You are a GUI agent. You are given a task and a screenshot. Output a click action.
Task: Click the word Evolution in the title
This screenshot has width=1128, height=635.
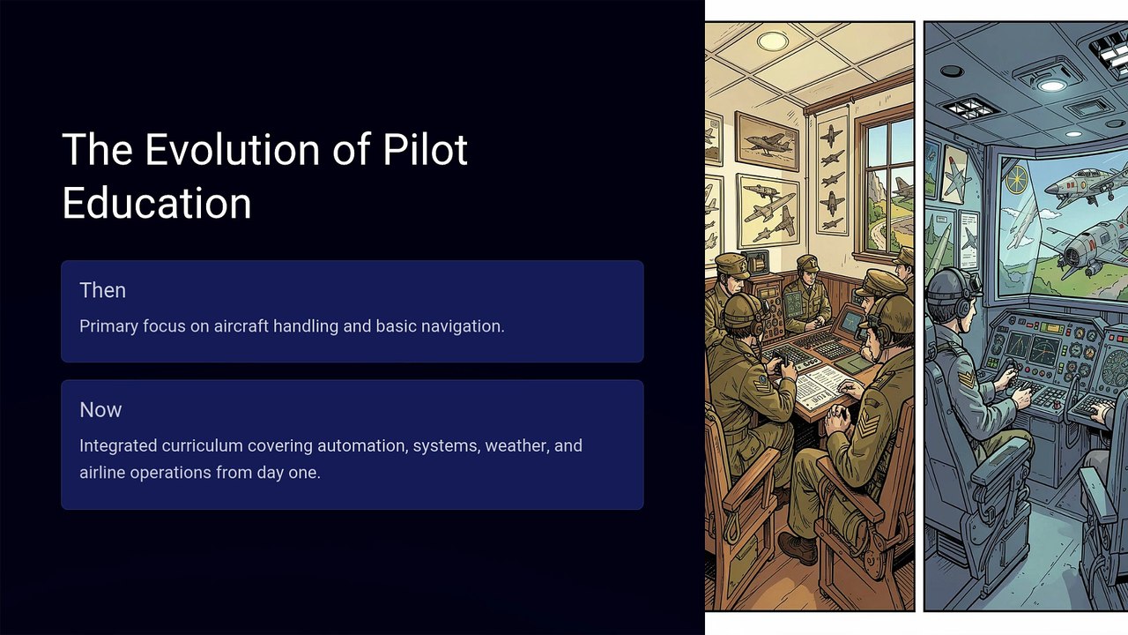232,149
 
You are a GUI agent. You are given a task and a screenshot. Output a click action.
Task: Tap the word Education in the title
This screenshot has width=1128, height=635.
157,203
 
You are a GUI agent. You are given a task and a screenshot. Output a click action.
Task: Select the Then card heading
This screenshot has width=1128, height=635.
103,290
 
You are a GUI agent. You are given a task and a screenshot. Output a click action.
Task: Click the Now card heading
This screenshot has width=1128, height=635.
100,410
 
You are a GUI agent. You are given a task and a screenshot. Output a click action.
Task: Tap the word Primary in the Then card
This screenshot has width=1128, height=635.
108,326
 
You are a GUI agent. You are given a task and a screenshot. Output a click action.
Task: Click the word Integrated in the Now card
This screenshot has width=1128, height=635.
118,446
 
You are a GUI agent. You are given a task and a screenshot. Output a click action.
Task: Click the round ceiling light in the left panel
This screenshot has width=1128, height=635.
773,41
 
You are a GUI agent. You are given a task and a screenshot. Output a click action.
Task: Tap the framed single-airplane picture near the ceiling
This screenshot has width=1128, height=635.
767,141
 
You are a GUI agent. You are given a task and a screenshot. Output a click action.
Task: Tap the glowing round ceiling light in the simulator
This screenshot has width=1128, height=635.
1051,86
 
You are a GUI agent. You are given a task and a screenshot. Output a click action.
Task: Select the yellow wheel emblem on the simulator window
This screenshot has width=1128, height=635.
1017,180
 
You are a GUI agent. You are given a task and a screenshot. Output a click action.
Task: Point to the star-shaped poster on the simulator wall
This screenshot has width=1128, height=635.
954,175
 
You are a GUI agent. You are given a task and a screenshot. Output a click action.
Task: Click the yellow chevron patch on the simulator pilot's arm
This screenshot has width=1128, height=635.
966,378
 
